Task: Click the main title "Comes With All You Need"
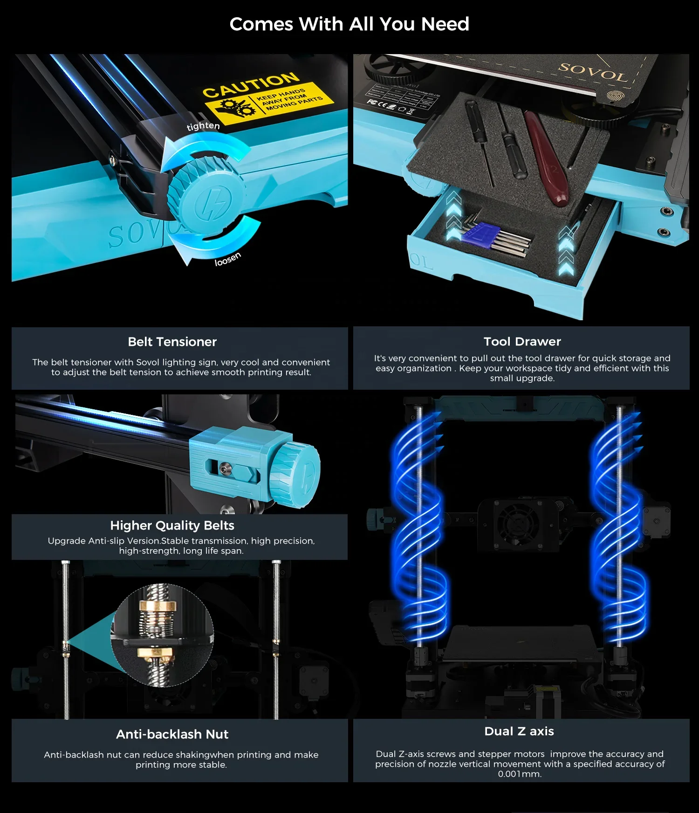pos(349,24)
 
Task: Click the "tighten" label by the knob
pos(203,126)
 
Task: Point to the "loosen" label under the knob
pos(227,259)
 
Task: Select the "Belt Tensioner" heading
pos(172,342)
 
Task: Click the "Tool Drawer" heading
pos(522,341)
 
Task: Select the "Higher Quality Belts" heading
pos(172,525)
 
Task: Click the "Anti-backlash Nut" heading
pos(172,734)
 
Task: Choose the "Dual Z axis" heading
pos(519,731)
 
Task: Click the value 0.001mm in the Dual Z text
pos(520,774)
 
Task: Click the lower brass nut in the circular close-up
pos(155,652)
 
